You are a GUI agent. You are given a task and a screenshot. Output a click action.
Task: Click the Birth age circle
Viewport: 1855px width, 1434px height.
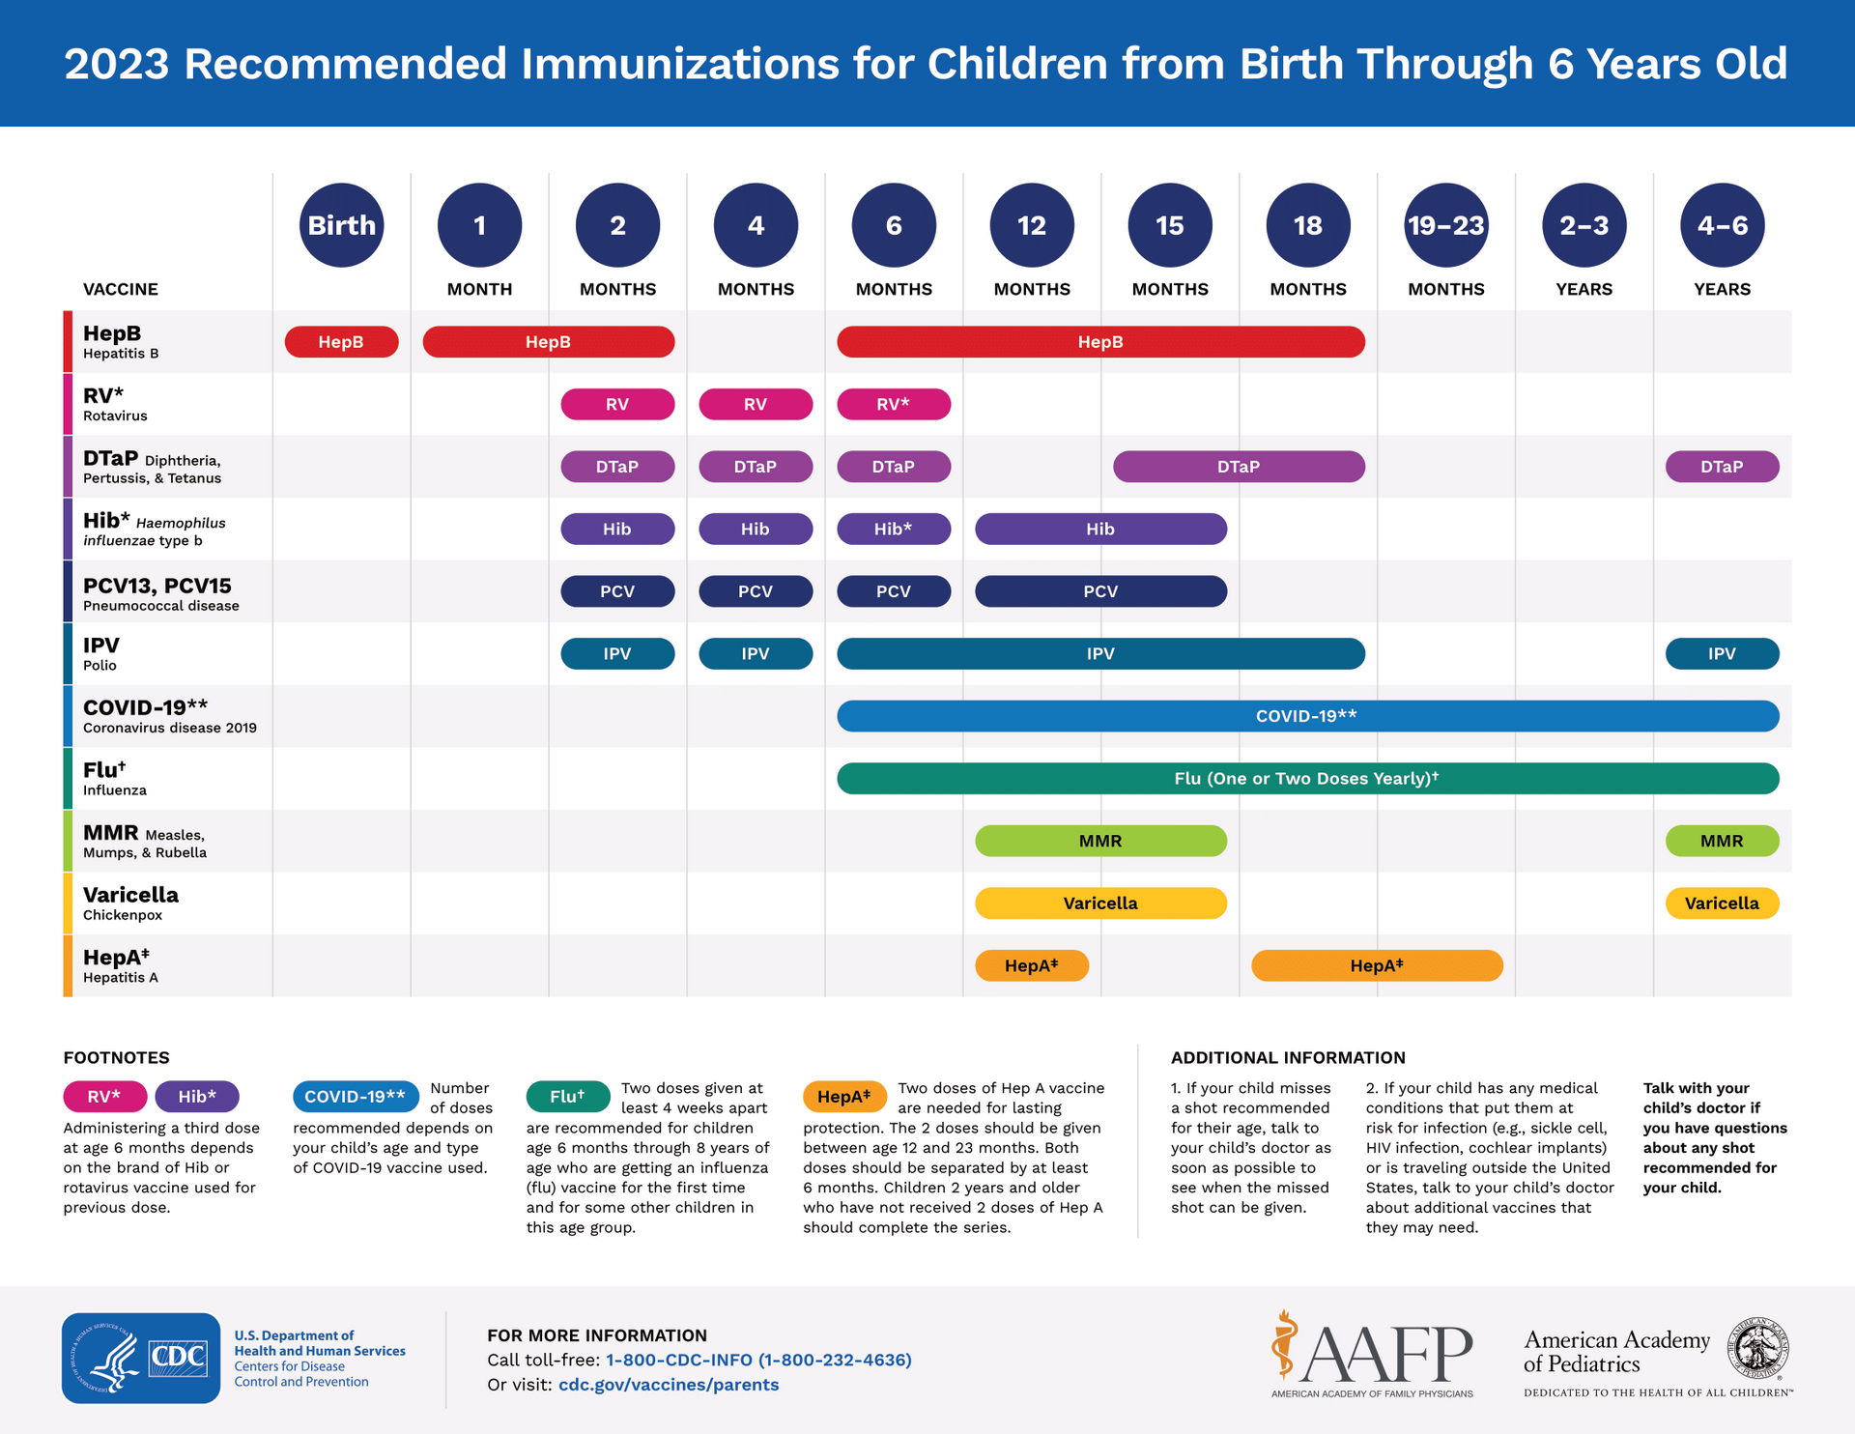[x=341, y=225]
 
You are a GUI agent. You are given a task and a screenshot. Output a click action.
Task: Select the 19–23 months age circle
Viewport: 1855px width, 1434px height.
[x=1445, y=225]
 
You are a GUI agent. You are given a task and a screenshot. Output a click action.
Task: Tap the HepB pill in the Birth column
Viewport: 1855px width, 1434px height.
[x=341, y=342]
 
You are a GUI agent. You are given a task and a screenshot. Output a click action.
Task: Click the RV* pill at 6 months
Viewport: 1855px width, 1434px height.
[x=893, y=404]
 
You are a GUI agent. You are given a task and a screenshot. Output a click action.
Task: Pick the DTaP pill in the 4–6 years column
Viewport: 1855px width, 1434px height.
[x=1722, y=467]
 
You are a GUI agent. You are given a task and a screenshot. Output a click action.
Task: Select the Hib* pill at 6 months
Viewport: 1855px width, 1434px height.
[x=893, y=529]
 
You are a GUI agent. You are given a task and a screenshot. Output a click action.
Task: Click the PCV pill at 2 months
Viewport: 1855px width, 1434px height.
[x=617, y=591]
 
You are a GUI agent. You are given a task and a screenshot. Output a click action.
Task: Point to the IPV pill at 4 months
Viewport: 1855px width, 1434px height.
[x=756, y=653]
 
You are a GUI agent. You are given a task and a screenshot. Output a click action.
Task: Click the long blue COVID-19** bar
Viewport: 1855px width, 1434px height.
[x=1306, y=716]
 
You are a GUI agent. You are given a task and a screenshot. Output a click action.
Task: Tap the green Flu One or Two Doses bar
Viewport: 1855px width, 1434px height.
[x=1306, y=779]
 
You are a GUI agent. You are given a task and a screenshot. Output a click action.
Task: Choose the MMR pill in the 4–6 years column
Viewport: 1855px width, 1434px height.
[x=1722, y=841]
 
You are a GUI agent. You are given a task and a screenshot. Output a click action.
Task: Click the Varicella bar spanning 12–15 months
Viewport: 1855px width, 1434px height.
[x=1100, y=903]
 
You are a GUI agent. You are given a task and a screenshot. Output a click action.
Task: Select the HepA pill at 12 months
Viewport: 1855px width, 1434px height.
[x=1032, y=965]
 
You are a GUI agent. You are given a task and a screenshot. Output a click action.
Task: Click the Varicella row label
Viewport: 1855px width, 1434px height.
[x=130, y=895]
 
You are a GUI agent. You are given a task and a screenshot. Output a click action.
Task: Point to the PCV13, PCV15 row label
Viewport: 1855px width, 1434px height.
[x=157, y=586]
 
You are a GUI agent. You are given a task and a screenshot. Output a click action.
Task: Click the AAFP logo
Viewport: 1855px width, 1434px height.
[x=1372, y=1353]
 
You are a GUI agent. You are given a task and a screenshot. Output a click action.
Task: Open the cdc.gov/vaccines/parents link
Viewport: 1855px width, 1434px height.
[x=669, y=1385]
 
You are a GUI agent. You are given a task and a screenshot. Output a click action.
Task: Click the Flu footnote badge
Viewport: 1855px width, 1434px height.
[x=568, y=1097]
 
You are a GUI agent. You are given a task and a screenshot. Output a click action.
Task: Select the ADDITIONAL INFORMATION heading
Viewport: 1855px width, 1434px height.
[x=1288, y=1057]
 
